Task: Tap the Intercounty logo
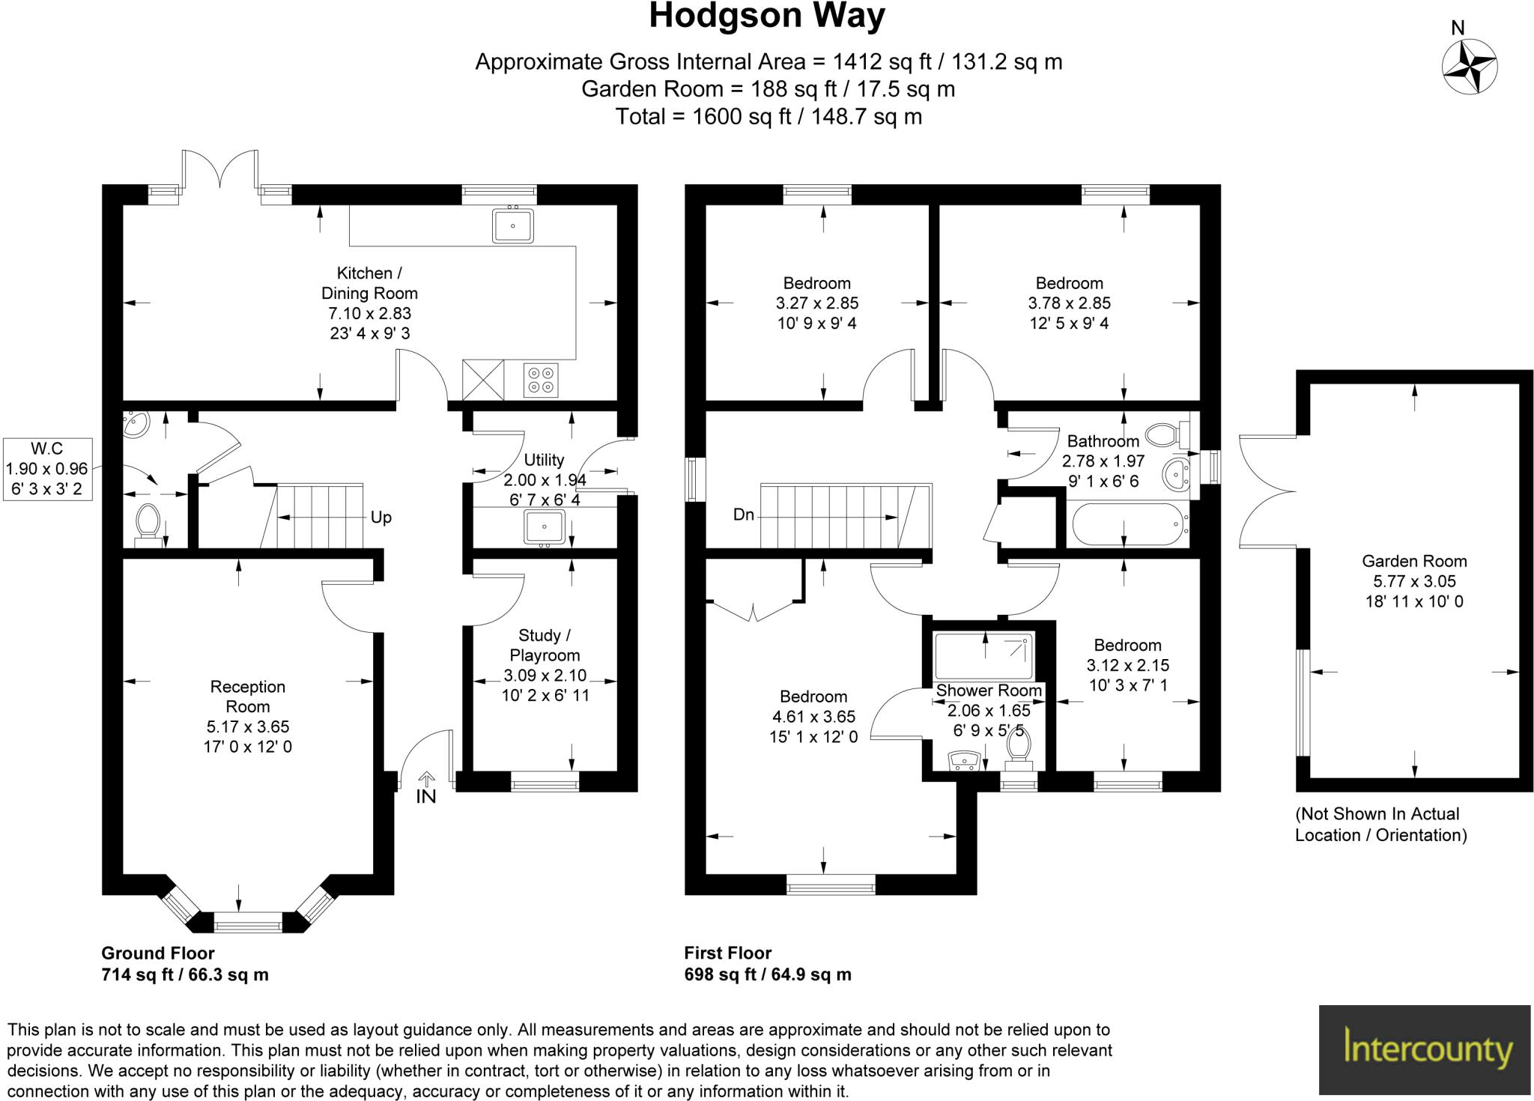(1424, 1049)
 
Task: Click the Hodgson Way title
(766, 16)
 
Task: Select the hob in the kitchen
(541, 379)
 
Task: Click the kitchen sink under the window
(513, 225)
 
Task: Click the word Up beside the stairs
(381, 518)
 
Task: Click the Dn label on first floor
(743, 515)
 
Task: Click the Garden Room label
(1413, 561)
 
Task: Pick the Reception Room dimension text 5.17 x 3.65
(248, 727)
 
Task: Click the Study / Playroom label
(545, 645)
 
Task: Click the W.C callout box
(47, 470)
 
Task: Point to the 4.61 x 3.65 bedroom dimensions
(813, 717)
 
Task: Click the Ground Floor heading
(158, 953)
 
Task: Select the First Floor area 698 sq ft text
(767, 974)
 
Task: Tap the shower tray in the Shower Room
(984, 655)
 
